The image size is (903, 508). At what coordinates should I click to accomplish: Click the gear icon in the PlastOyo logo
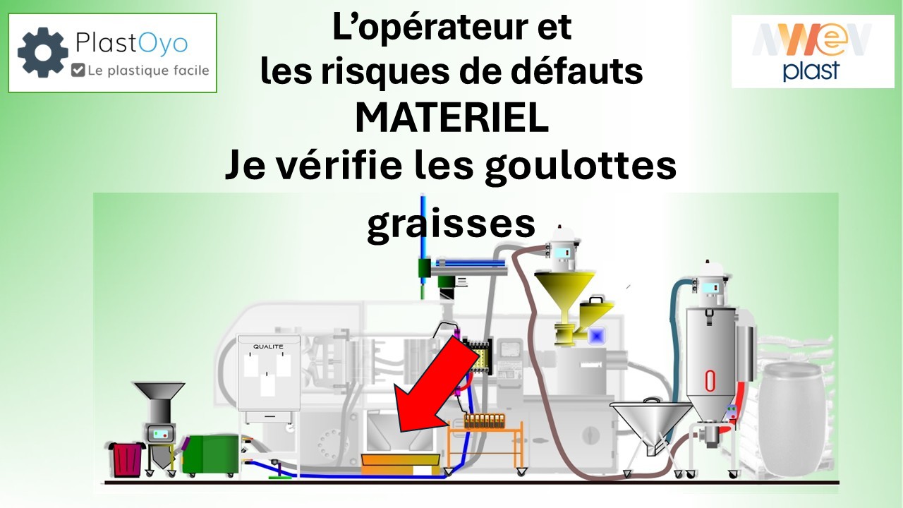(x=43, y=52)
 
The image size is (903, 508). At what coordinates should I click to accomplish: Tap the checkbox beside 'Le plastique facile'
(x=78, y=70)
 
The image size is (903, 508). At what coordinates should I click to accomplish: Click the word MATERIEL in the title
(x=451, y=118)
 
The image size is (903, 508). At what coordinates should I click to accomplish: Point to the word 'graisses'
(x=451, y=224)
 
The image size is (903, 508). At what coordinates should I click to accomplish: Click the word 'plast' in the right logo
(x=811, y=71)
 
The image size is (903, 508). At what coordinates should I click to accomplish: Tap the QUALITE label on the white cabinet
(x=268, y=346)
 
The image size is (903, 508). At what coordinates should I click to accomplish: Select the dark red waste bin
(x=126, y=459)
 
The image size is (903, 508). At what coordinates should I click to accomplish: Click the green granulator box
(x=210, y=454)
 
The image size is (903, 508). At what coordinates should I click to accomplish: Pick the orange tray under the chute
(x=400, y=464)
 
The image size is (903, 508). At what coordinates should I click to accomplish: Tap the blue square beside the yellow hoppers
(x=597, y=335)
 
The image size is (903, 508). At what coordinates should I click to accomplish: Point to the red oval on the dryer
(x=710, y=380)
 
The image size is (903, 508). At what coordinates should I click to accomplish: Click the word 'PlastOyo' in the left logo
(x=131, y=43)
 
